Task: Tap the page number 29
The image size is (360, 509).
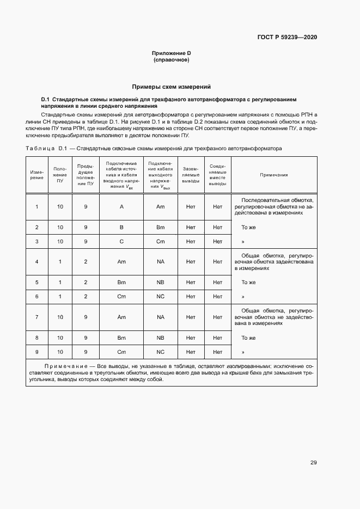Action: point(313,463)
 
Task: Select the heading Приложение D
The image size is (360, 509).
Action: point(171,53)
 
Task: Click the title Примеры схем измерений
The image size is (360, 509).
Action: point(171,87)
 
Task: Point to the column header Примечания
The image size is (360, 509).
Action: point(274,175)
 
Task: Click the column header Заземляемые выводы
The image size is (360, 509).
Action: point(191,175)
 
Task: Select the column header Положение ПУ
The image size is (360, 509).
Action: point(60,175)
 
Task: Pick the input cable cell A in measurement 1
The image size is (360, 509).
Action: point(121,207)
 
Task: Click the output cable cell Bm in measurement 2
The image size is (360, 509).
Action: point(160,228)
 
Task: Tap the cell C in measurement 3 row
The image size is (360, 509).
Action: point(121,242)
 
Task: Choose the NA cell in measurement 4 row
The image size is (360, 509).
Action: point(160,262)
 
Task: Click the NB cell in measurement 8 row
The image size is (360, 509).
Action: point(160,338)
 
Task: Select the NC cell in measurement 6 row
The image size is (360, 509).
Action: point(160,297)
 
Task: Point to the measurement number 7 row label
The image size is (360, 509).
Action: point(36,317)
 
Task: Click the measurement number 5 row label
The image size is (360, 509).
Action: point(36,283)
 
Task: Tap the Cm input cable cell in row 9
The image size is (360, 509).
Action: point(121,352)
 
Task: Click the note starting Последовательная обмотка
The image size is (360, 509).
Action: point(274,207)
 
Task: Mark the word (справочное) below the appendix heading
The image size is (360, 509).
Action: point(171,60)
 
